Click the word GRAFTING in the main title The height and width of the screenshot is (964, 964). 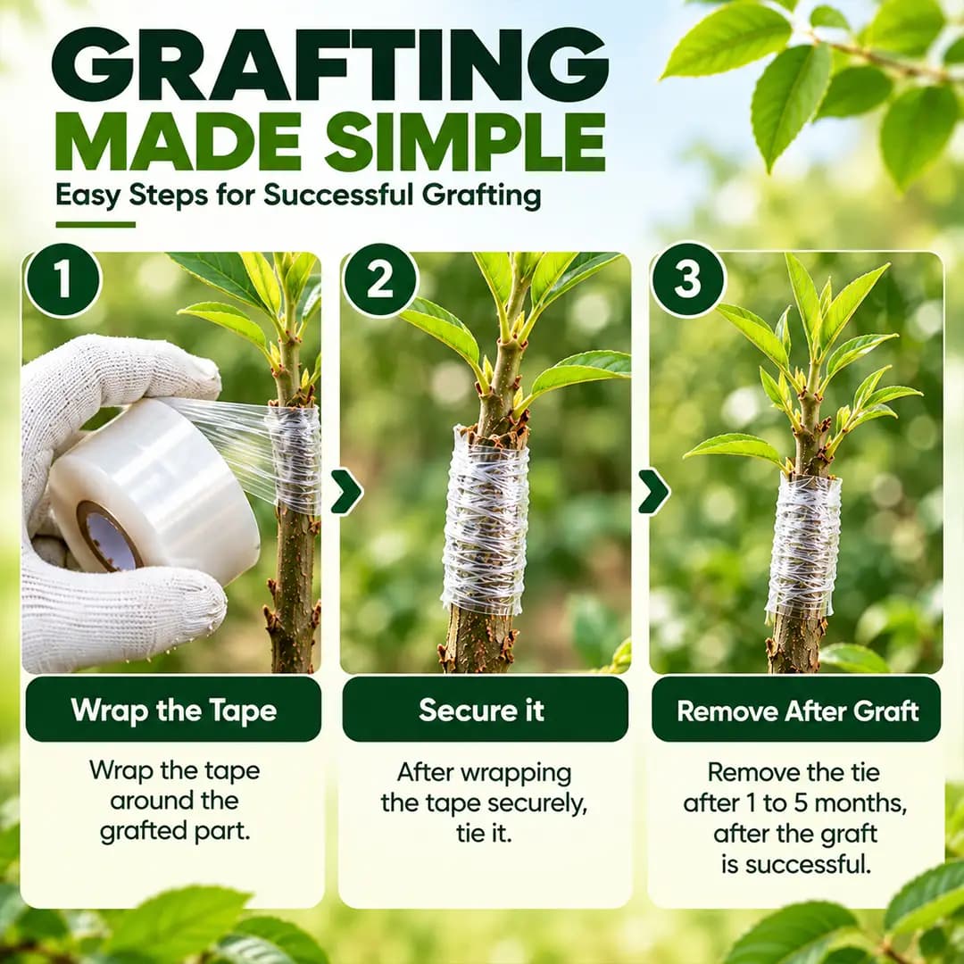[x=330, y=64]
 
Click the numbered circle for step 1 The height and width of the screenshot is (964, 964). [x=62, y=279]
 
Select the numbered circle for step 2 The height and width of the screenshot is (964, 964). [x=380, y=279]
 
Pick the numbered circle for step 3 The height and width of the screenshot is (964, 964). [x=688, y=279]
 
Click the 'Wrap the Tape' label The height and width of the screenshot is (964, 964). [x=173, y=711]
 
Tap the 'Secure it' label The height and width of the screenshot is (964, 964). [x=481, y=711]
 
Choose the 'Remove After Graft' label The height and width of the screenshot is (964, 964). [x=797, y=711]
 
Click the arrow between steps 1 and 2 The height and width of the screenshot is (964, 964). [x=346, y=491]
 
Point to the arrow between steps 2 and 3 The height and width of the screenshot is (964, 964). [x=653, y=491]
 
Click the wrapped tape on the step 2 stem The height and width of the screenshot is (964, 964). [x=486, y=519]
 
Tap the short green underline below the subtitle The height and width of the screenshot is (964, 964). [x=96, y=224]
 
